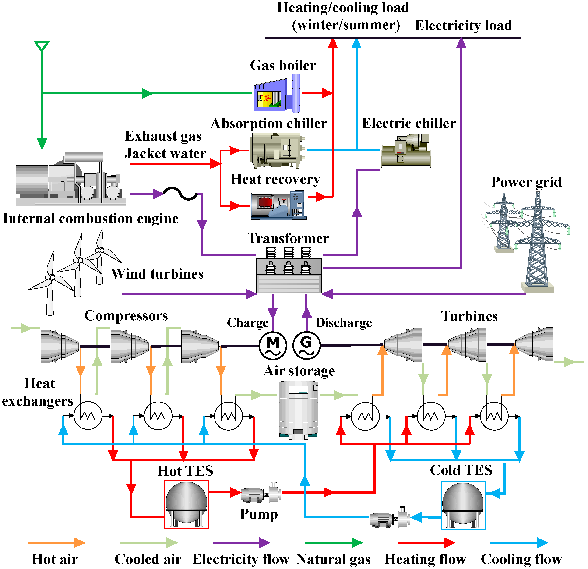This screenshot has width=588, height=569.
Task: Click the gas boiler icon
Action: [x=277, y=94]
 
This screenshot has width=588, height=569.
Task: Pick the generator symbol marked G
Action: [x=306, y=346]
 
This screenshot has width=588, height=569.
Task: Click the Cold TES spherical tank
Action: [x=463, y=505]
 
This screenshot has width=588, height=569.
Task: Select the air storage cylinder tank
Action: [x=298, y=410]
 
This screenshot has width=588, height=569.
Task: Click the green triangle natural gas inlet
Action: [x=42, y=46]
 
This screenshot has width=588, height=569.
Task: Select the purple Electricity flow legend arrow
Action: [x=241, y=543]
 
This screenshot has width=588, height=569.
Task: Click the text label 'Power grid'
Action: [x=526, y=182]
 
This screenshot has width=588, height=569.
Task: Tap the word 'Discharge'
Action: [x=344, y=323]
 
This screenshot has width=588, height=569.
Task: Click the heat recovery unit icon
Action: [x=278, y=205]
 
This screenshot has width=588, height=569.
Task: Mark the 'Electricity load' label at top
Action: [x=463, y=25]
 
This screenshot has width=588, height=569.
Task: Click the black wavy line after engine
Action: [x=180, y=194]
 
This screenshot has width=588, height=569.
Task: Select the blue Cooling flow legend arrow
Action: [x=519, y=543]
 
